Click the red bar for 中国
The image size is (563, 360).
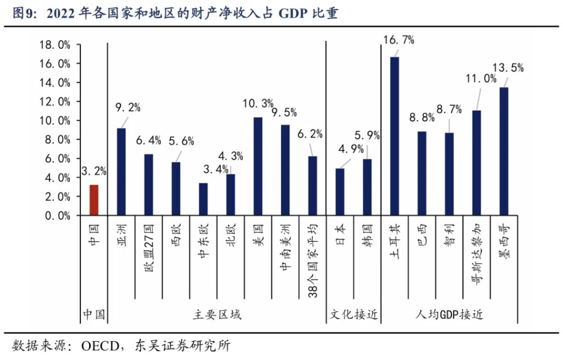pyautogui.click(x=94, y=200)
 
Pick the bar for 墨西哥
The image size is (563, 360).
pyautogui.click(x=504, y=151)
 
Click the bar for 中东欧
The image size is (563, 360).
pyautogui.click(x=203, y=199)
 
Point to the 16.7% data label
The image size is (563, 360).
pyautogui.click(x=399, y=40)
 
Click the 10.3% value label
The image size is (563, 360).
pyautogui.click(x=258, y=103)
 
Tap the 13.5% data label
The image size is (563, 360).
pyautogui.click(x=508, y=68)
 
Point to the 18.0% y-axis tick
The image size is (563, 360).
pyautogui.click(x=55, y=45)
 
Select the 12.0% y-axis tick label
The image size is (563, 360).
pyautogui.click(x=55, y=102)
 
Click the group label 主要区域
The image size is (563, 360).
pyautogui.click(x=217, y=315)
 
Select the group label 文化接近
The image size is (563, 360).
pyautogui.click(x=354, y=315)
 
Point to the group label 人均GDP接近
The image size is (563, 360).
pyautogui.click(x=449, y=315)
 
